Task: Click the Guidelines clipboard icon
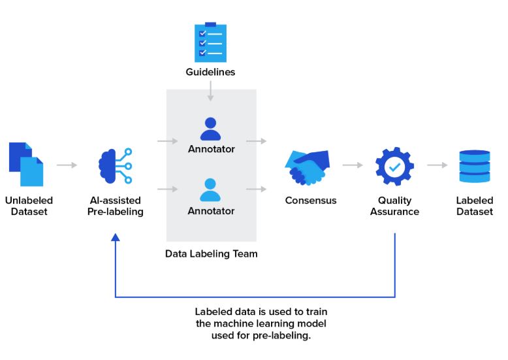pos(210,42)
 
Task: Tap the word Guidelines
pos(210,72)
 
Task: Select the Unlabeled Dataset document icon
pos(26,164)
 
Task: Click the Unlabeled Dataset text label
pos(29,206)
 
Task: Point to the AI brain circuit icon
pos(115,165)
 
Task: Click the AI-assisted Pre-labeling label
pos(115,206)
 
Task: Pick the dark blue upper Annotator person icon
pos(210,129)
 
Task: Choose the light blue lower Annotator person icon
pos(210,189)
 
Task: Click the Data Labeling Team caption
pos(211,254)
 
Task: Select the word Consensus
pos(311,201)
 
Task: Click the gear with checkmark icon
pos(394,166)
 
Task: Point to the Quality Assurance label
pos(394,206)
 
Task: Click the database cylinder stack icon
pos(474,167)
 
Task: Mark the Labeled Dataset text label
pos(474,206)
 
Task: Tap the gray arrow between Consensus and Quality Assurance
pos(353,165)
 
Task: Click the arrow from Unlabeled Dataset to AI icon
pos(67,165)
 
